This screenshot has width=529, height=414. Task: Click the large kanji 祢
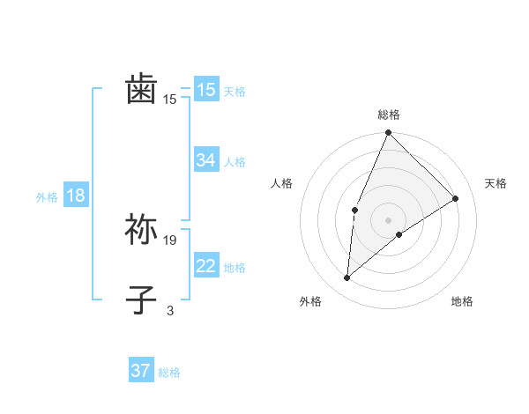click(x=141, y=230)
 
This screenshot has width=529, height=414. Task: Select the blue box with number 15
click(x=206, y=90)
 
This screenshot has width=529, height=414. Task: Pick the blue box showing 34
click(x=206, y=160)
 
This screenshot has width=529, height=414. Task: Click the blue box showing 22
click(x=206, y=266)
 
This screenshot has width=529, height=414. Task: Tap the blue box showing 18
click(x=76, y=196)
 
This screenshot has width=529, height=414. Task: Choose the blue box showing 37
click(x=141, y=371)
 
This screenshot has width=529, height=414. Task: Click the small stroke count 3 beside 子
click(x=170, y=310)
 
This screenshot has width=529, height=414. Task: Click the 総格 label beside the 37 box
click(x=169, y=373)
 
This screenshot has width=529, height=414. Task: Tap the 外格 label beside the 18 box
click(x=47, y=197)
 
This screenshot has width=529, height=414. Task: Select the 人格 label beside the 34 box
click(x=235, y=162)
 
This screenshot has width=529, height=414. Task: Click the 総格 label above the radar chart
click(x=389, y=115)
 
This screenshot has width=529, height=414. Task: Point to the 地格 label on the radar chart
click(x=462, y=301)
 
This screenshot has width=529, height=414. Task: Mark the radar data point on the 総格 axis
click(x=389, y=133)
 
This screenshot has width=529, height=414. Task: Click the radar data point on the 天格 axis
click(x=456, y=199)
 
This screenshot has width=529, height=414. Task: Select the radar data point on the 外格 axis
click(x=347, y=277)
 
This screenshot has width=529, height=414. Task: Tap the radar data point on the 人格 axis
click(x=354, y=210)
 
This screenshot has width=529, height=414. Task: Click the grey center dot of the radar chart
click(x=389, y=220)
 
